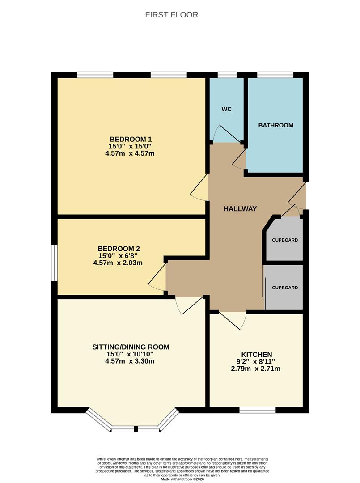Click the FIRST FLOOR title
[x=172, y=15]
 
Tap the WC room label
[x=226, y=110]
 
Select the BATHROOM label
[x=275, y=125]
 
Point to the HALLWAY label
[x=240, y=209]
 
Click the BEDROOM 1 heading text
[x=131, y=139]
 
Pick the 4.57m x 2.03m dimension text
[x=118, y=263]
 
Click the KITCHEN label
[x=257, y=355]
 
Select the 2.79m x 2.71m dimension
[x=256, y=369]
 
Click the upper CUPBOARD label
[x=285, y=240]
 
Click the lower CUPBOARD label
[x=285, y=288]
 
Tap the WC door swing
[x=227, y=133]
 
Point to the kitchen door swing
[x=233, y=320]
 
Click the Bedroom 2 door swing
[x=157, y=277]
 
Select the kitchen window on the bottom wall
[x=258, y=410]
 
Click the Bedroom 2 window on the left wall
[x=54, y=263]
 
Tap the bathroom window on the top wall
[x=275, y=75]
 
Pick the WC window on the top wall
[x=227, y=75]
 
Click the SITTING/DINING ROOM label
[x=131, y=347]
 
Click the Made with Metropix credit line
[x=182, y=479]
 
